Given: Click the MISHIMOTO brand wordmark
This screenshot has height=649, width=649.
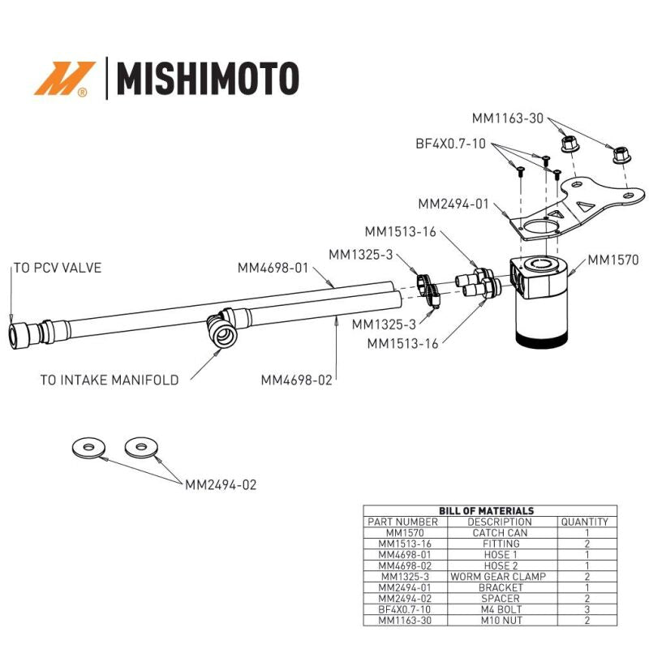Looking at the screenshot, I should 208,79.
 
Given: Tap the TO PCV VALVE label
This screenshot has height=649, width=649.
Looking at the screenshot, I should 57,268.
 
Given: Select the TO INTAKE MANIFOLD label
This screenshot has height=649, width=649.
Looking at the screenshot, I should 109,380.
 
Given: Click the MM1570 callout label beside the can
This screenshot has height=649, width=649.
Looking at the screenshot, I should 613,260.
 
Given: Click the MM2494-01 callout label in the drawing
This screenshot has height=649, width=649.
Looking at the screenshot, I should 453,204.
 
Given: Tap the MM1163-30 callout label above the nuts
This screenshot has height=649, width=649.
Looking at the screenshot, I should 509,118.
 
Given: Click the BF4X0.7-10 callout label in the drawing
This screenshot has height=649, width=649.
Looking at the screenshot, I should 451,144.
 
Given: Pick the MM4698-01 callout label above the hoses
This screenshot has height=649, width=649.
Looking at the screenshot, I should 273,268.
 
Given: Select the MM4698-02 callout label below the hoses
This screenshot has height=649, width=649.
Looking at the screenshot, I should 297,379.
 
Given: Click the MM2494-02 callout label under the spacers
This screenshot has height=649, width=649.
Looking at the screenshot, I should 221,485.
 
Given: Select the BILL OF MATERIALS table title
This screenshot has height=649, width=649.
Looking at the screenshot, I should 486,510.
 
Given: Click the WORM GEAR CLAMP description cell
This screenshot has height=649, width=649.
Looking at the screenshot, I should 499,576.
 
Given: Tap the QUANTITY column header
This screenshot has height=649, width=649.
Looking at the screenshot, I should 584,522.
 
